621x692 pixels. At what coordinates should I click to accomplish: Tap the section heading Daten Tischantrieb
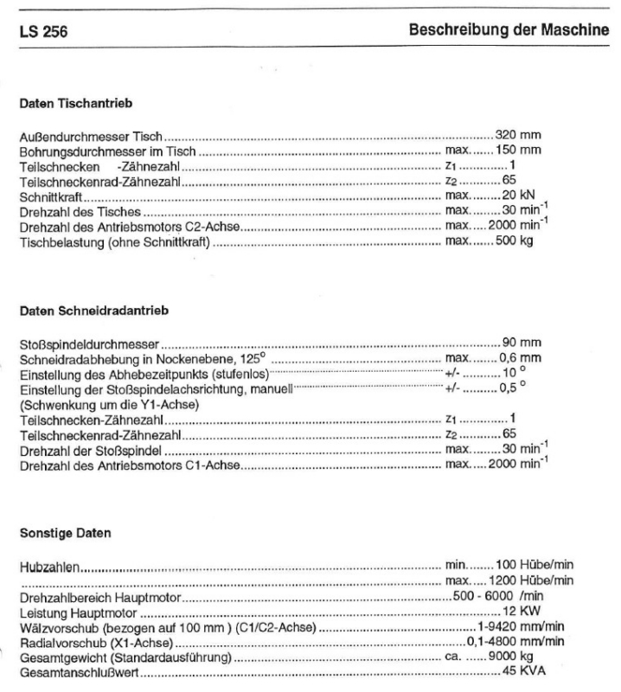tap(75, 104)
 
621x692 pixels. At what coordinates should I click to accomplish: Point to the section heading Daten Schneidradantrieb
tap(87, 310)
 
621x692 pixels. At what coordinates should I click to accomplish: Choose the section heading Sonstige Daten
tap(65, 533)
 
